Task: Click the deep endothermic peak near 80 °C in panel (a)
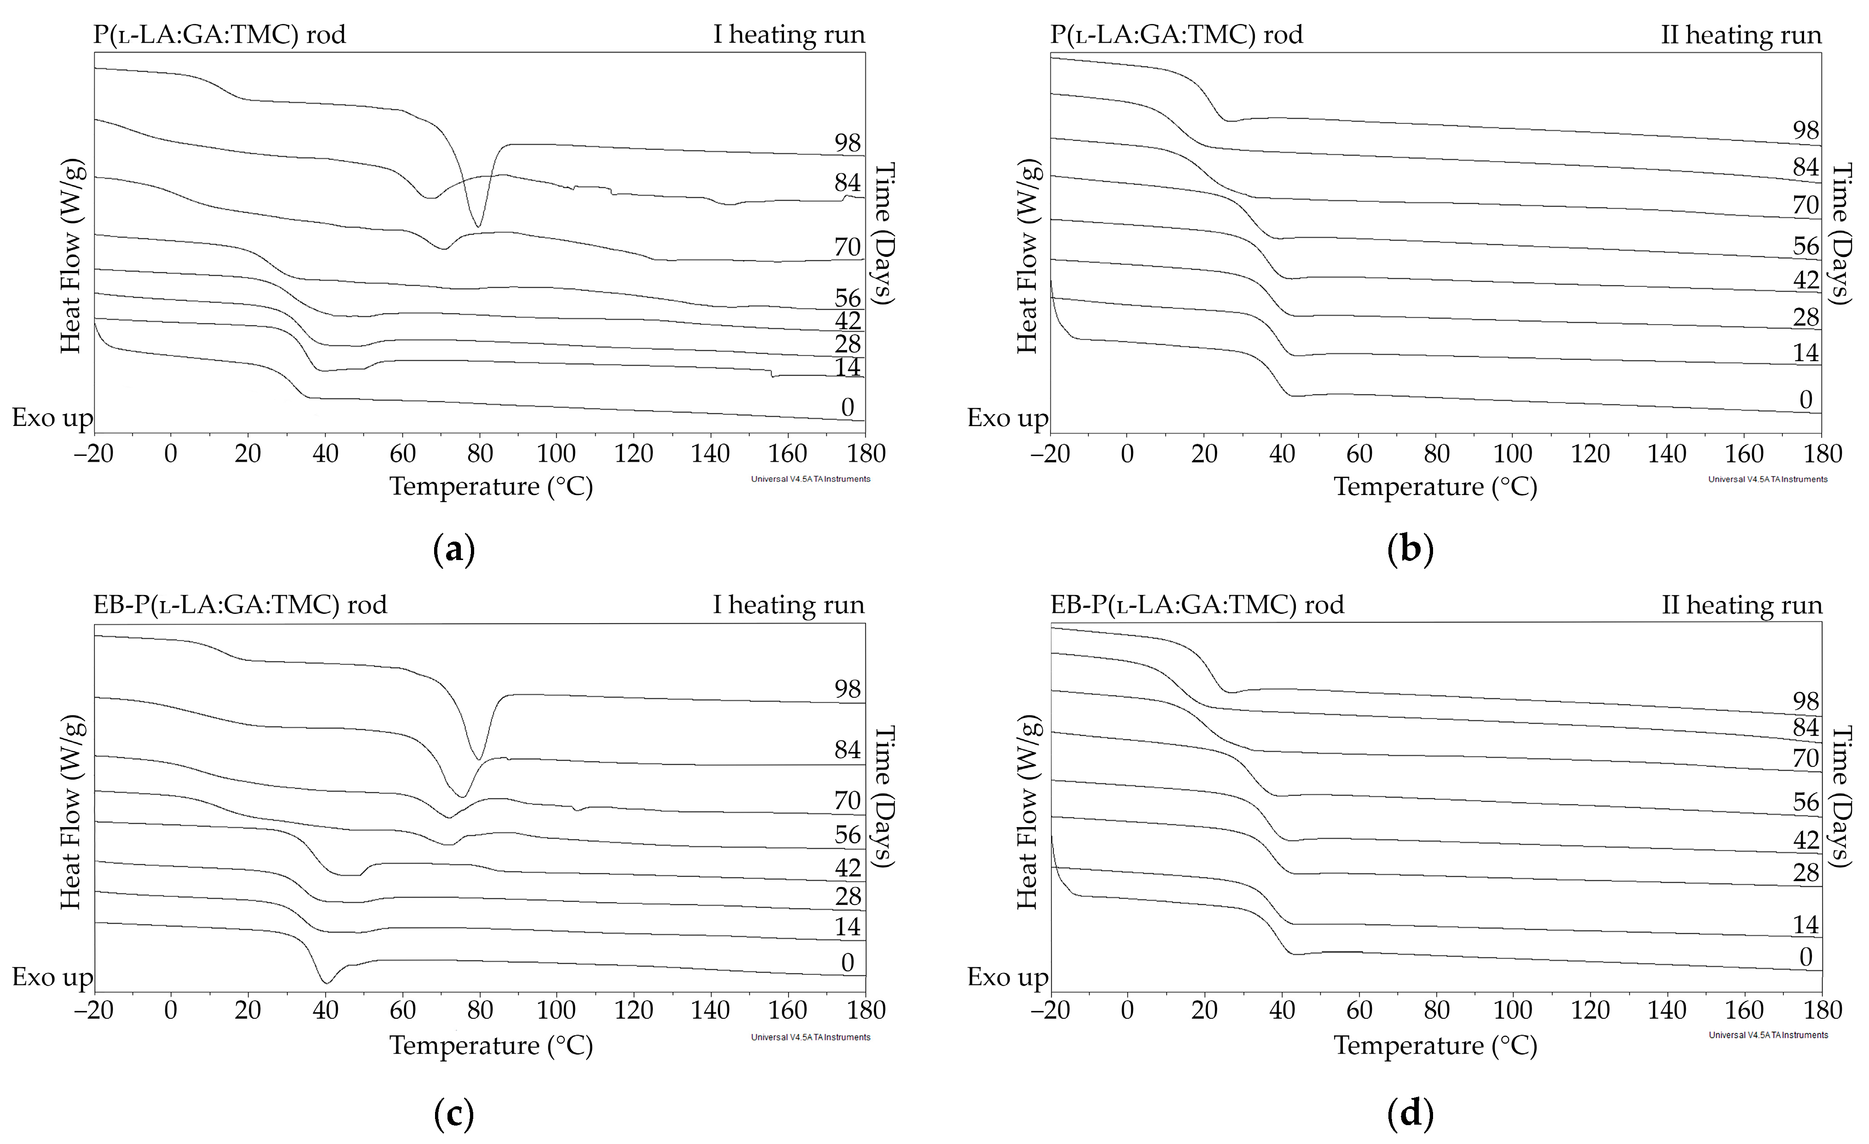(x=478, y=225)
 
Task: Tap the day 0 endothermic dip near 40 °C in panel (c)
(x=326, y=981)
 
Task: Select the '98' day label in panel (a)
(x=847, y=143)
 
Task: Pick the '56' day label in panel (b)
(x=1805, y=246)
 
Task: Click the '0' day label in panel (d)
(x=1805, y=957)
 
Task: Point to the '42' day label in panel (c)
(x=847, y=867)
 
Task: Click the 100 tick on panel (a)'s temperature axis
(x=556, y=454)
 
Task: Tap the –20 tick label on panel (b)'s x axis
(x=1050, y=454)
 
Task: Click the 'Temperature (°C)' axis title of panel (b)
(x=1435, y=486)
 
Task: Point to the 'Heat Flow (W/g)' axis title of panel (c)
(x=70, y=812)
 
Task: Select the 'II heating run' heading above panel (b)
(x=1741, y=35)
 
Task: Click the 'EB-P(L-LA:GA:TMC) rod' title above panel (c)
(x=240, y=605)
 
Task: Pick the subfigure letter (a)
(x=453, y=549)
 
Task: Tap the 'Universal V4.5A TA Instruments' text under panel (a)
(x=810, y=479)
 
